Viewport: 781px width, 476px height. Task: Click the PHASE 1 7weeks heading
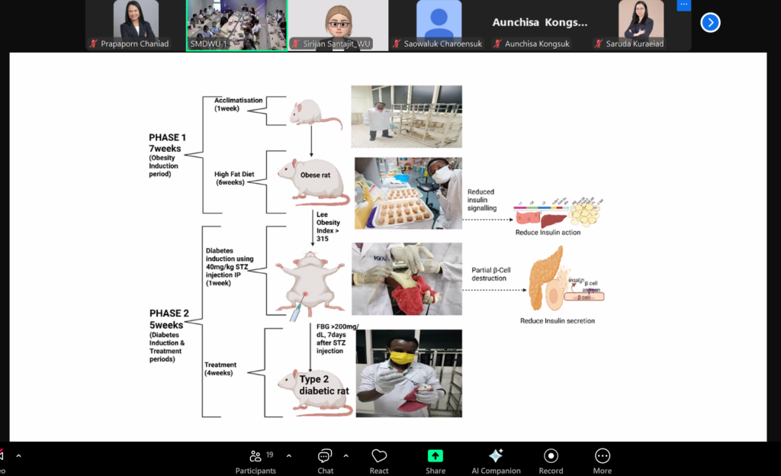(167, 143)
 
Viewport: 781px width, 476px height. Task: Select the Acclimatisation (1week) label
(238, 105)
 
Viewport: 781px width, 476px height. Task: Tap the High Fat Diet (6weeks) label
(235, 178)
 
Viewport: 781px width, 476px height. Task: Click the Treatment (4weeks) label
(220, 369)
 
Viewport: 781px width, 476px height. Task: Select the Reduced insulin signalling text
(481, 200)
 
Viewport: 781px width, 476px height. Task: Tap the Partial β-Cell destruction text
(489, 274)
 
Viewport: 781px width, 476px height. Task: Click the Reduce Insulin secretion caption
(558, 321)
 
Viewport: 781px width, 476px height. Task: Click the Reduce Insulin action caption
(548, 232)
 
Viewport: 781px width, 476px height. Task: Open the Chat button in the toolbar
(326, 460)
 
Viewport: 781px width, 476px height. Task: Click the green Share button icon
(435, 456)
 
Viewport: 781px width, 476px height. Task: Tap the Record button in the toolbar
(551, 460)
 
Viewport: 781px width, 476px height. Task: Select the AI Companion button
(496, 460)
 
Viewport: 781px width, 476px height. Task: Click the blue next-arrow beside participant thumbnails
(710, 22)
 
